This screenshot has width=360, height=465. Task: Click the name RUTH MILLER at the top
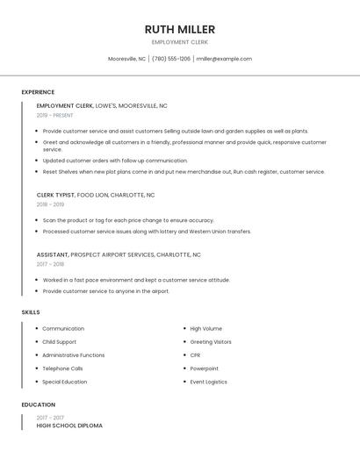(179, 29)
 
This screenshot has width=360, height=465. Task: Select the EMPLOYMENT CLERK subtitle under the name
(179, 42)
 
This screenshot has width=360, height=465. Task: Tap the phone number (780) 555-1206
(171, 59)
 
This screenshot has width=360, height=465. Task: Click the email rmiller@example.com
(224, 59)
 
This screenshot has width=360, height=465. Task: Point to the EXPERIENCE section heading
(38, 92)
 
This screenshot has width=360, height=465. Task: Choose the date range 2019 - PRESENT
(54, 115)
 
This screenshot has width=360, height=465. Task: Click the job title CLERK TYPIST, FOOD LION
(95, 195)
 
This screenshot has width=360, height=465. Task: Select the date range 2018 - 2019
(50, 204)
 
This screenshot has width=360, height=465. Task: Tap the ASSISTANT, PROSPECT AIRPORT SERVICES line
(119, 254)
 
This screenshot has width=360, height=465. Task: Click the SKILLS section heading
(31, 312)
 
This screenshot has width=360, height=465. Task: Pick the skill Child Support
(59, 342)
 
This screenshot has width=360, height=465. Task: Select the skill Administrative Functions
(73, 355)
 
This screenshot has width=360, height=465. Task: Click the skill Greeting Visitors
(211, 342)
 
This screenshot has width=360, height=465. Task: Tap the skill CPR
(195, 355)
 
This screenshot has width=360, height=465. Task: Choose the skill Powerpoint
(204, 368)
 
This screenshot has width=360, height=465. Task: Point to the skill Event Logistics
(208, 382)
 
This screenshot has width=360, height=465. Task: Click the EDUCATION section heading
(37, 404)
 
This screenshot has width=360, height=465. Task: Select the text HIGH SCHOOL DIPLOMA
(69, 426)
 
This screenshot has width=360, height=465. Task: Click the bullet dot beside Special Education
(36, 382)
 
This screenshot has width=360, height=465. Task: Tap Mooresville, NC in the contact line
(126, 59)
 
